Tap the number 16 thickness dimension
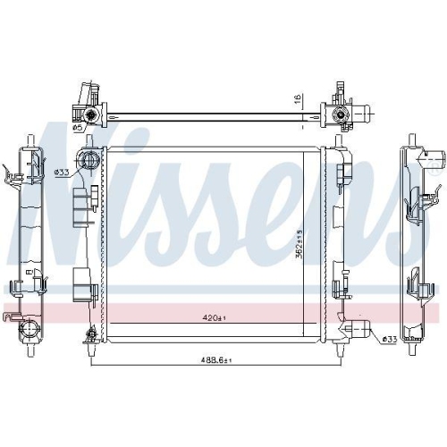295,101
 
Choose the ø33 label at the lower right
389,339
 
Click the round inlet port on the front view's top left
89,162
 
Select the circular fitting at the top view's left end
90,114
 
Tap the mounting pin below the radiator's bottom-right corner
337,350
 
